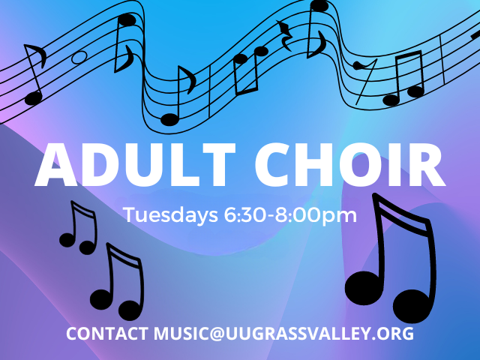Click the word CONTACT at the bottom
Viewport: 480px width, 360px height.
(108, 333)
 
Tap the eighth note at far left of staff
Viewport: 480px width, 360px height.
(34, 75)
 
